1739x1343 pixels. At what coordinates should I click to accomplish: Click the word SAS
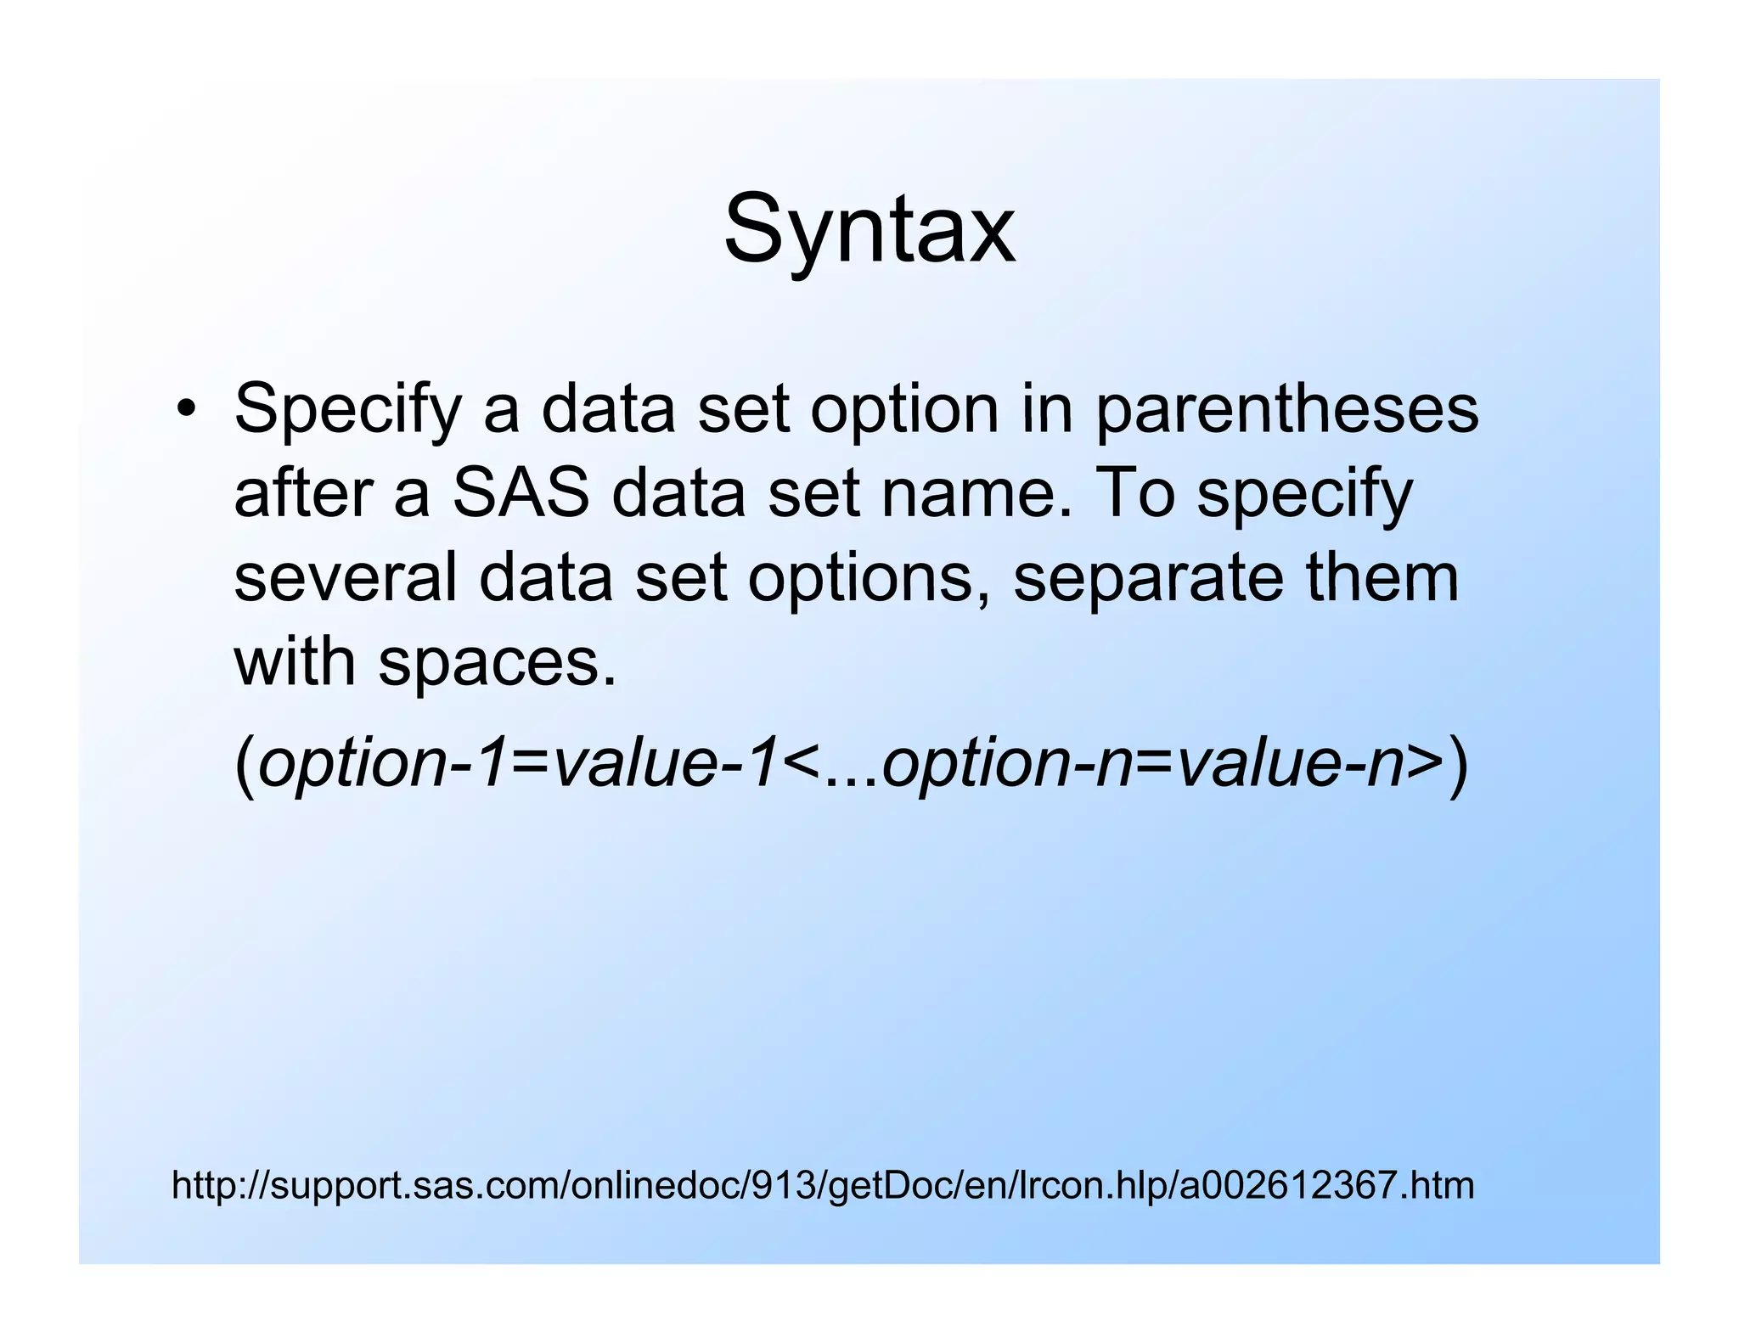click(x=521, y=494)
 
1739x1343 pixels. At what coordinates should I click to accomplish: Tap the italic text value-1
click(x=664, y=762)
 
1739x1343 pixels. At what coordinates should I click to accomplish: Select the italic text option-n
click(x=1006, y=762)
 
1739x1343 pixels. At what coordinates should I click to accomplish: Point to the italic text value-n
click(x=1291, y=762)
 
